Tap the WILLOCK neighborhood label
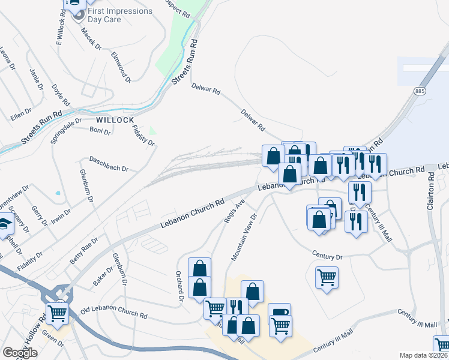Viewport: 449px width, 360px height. click(115, 120)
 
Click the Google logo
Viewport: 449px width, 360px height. click(20, 353)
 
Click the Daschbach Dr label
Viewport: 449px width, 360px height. click(109, 164)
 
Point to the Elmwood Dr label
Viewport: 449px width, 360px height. click(121, 67)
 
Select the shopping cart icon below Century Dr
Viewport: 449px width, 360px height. click(327, 277)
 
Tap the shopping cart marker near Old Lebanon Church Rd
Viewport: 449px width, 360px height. click(57, 312)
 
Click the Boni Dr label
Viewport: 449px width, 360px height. click(100, 130)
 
